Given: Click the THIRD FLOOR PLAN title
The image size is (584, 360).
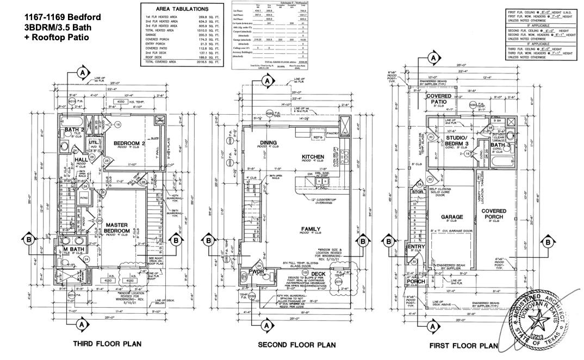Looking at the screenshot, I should click(107, 343).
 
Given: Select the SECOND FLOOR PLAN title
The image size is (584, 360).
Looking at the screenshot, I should click(296, 345).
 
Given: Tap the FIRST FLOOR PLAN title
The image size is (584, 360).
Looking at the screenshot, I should click(463, 345).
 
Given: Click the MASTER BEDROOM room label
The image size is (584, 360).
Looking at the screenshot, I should click(117, 228).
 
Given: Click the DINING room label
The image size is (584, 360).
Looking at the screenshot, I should click(269, 142).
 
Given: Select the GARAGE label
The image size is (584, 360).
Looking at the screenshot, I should click(451, 217).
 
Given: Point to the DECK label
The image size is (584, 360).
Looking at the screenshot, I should click(318, 274).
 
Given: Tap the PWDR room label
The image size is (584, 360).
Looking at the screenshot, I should click(256, 271).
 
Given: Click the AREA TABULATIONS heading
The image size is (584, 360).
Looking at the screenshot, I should click(182, 10).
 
